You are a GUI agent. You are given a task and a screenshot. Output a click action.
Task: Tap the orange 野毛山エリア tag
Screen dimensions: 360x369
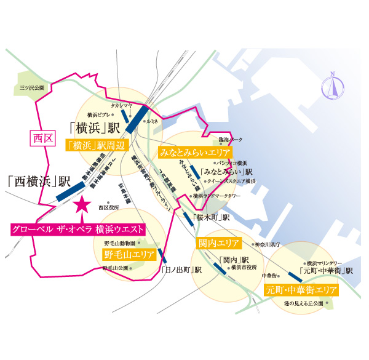click(129, 254)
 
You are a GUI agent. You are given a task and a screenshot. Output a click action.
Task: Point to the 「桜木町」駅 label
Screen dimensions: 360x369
click(211, 217)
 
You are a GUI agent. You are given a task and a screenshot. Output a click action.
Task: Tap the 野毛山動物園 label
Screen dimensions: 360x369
click(116, 244)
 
